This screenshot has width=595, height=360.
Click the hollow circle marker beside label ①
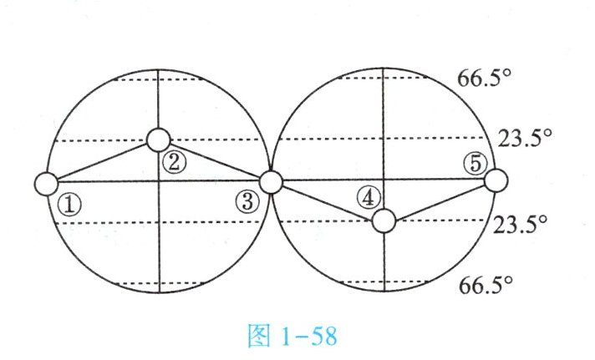(x=47, y=182)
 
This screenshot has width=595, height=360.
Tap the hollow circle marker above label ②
(x=157, y=139)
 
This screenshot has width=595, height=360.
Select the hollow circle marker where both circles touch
(x=270, y=180)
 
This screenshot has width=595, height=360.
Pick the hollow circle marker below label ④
(x=383, y=221)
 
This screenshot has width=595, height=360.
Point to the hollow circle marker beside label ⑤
(x=495, y=180)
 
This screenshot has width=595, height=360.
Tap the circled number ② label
(x=174, y=162)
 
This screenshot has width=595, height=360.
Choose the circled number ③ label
(x=247, y=201)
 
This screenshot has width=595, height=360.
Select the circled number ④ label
(x=366, y=198)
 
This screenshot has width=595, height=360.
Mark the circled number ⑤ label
(x=475, y=165)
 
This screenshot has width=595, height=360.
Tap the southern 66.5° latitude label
(x=486, y=286)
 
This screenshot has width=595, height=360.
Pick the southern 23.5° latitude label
(x=520, y=225)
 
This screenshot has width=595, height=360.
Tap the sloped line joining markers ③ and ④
(x=326, y=200)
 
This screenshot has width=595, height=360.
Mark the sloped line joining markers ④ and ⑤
(x=439, y=200)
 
